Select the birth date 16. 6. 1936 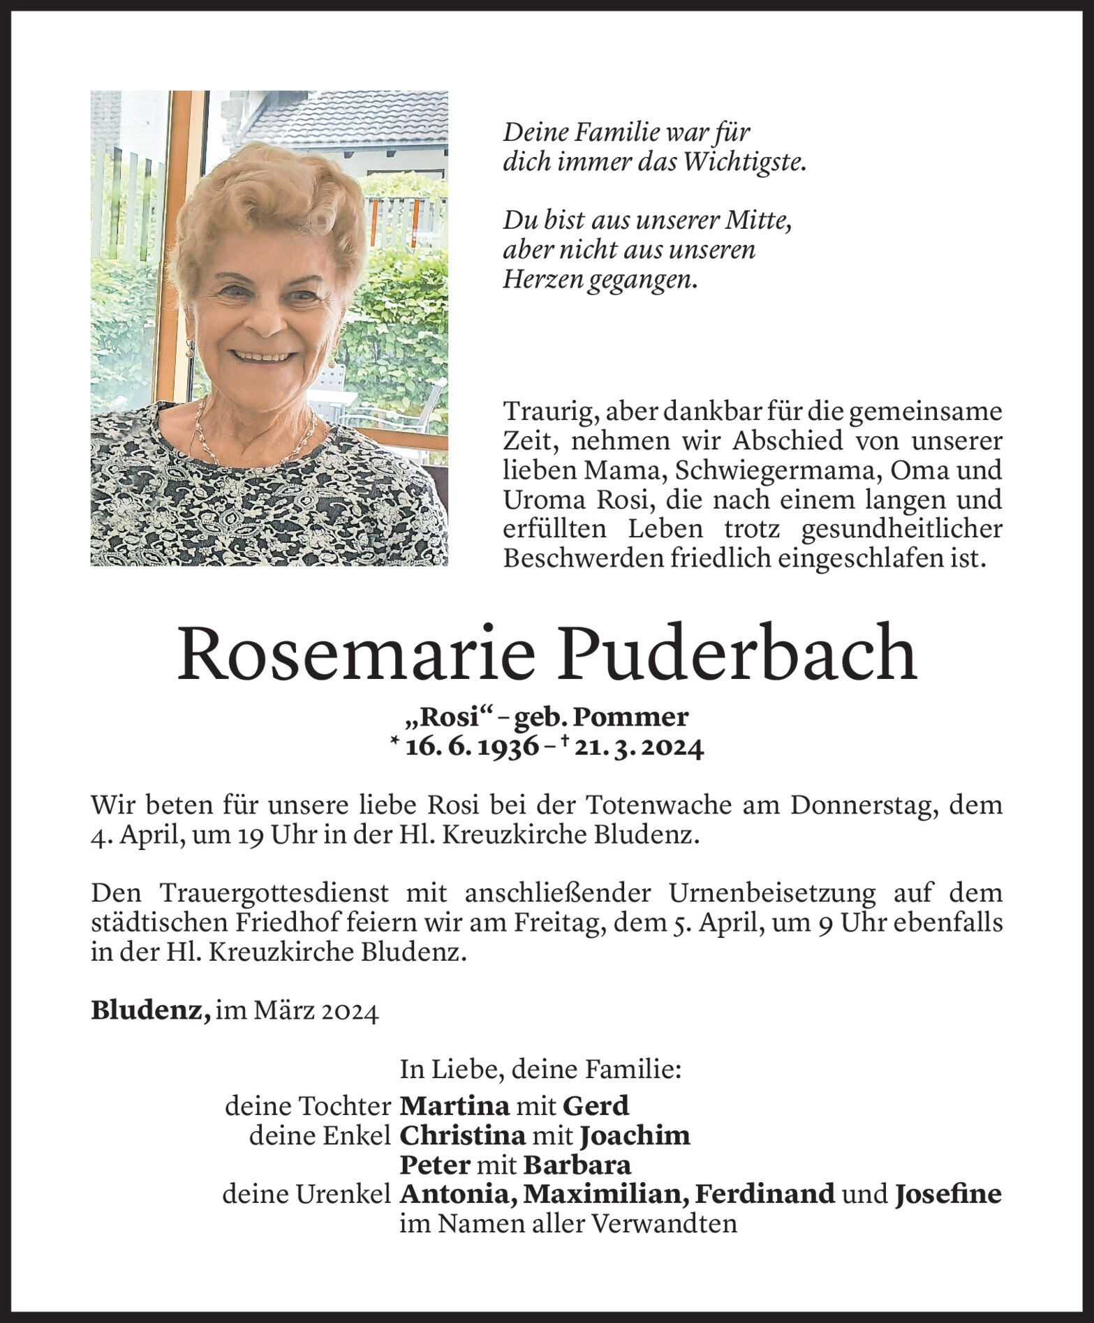[472, 747]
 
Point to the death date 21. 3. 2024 [637, 747]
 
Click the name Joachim [635, 1136]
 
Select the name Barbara [577, 1165]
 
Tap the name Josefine [948, 1195]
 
